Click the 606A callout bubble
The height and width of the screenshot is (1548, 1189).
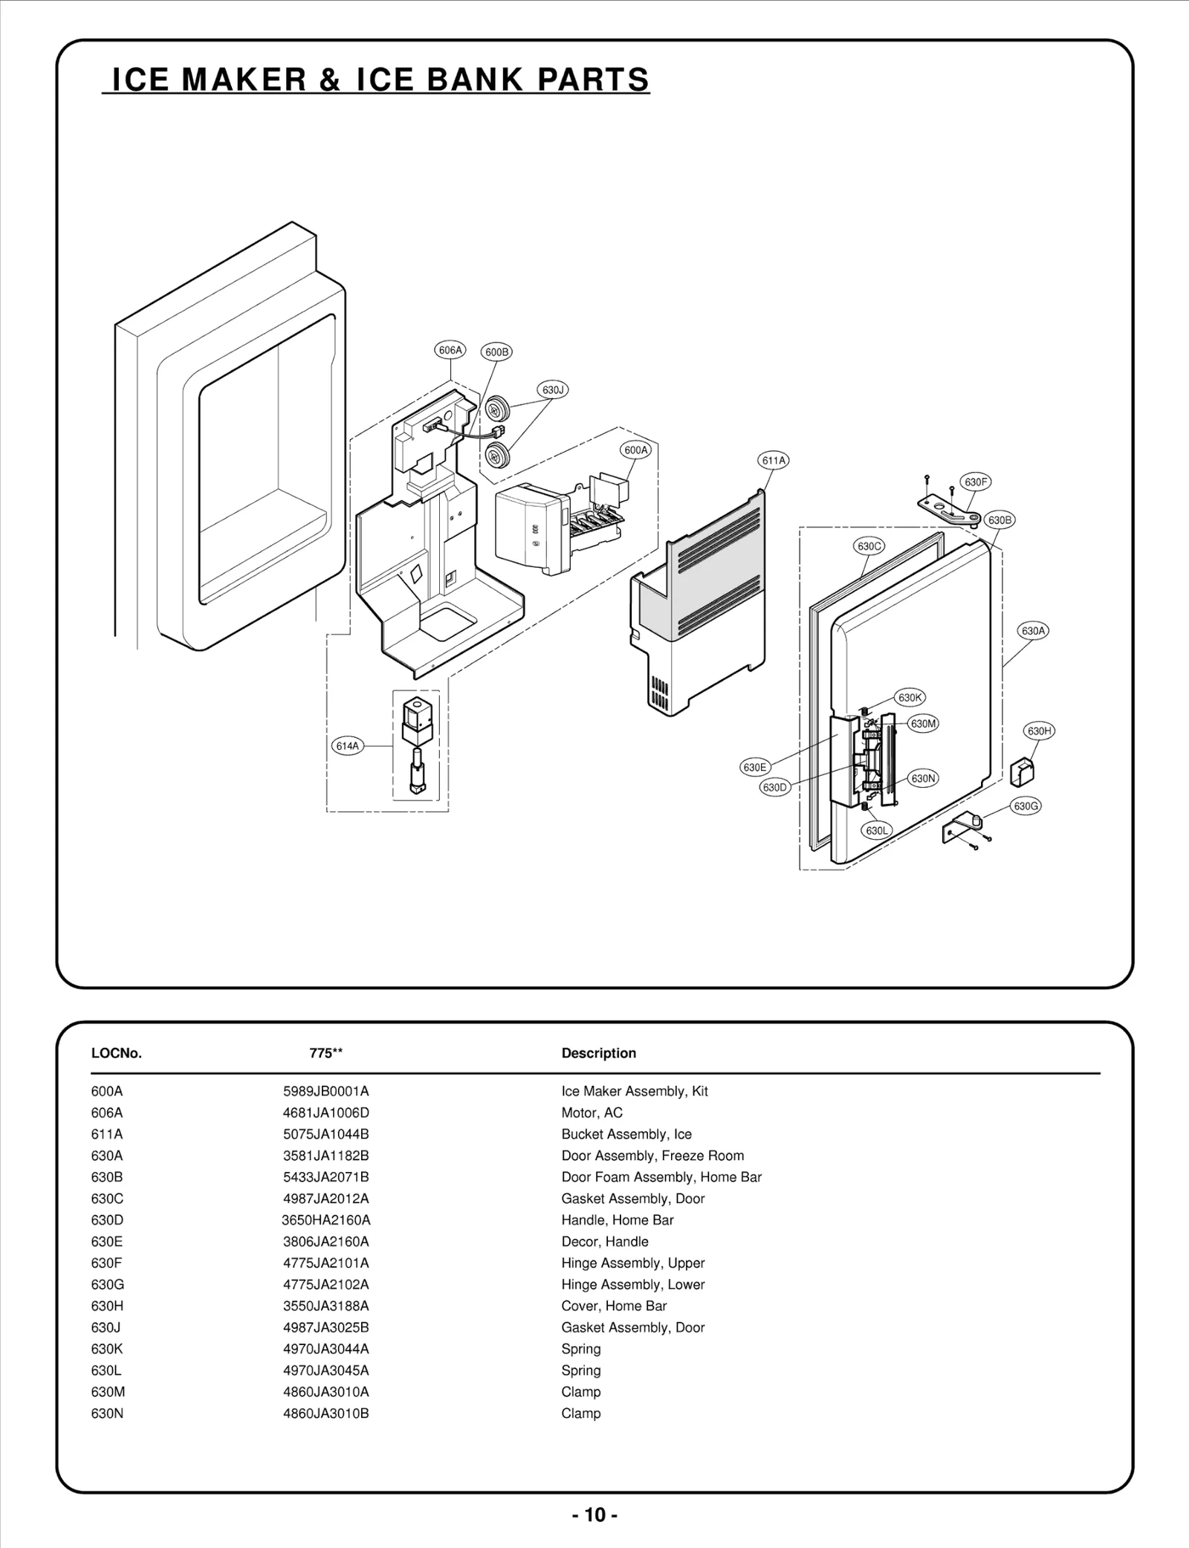[450, 350]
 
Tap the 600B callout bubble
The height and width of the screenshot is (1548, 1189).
[496, 352]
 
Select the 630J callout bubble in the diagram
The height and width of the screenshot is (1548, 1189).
[552, 390]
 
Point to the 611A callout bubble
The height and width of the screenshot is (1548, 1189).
[773, 460]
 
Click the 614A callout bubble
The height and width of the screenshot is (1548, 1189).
[347, 745]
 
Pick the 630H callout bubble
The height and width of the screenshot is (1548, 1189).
[1039, 731]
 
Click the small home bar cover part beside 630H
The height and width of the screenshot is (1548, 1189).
[1022, 771]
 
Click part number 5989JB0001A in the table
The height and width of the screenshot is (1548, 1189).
[325, 1091]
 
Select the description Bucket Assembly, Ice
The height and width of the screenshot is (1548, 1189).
[626, 1134]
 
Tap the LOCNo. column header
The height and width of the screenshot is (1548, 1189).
[116, 1053]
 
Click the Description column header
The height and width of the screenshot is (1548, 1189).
[598, 1053]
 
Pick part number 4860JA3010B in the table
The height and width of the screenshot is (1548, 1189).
[325, 1413]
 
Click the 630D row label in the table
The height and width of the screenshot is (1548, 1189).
[107, 1220]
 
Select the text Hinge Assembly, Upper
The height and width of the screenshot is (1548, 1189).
[632, 1263]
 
